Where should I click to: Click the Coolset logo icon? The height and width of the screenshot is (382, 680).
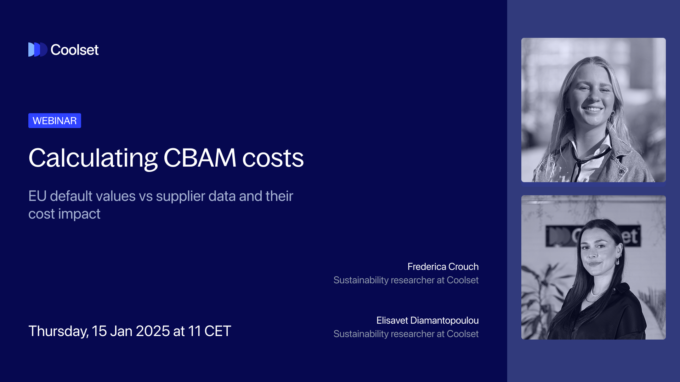(38, 50)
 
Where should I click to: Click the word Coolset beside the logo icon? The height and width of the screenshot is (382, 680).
(74, 50)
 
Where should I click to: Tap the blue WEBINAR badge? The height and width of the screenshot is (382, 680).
(55, 121)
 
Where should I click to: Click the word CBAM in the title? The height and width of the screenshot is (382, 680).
(199, 158)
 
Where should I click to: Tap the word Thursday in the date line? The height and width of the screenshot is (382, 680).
(58, 331)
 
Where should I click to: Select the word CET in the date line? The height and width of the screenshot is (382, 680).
(217, 331)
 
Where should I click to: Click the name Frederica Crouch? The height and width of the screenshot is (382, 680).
(443, 267)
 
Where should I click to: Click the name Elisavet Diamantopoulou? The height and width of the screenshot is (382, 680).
(427, 320)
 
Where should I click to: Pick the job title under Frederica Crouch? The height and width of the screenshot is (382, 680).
(406, 280)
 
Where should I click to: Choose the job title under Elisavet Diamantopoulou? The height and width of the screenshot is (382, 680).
(406, 334)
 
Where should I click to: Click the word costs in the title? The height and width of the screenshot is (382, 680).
(273, 158)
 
